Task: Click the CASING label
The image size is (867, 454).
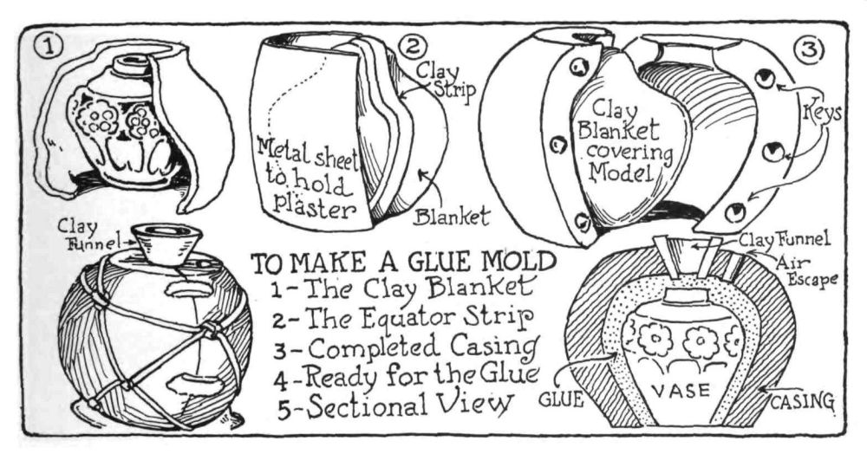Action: [x=801, y=400]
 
